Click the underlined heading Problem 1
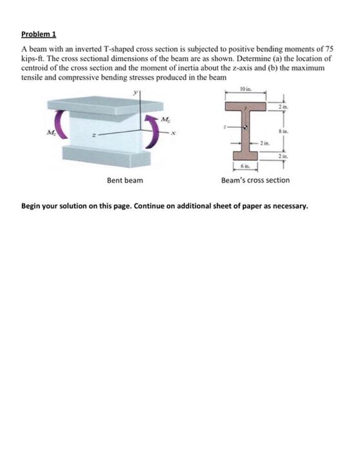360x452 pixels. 37,33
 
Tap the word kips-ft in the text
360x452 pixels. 32,57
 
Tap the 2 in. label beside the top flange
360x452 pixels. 281,105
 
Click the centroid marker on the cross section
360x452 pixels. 245,128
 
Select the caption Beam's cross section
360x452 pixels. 255,180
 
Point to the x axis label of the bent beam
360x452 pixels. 172,133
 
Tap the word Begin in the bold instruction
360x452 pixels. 32,207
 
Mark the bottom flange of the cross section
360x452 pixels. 245,156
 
